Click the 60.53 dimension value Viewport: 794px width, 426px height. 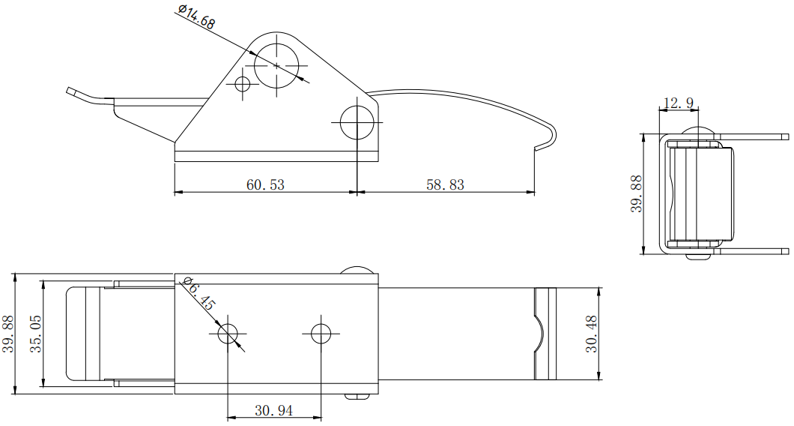click(265, 184)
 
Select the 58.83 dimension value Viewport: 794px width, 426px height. click(445, 184)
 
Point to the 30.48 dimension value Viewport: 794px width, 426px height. click(591, 333)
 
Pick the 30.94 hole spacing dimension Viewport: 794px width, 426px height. click(274, 410)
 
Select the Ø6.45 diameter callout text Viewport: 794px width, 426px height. click(198, 295)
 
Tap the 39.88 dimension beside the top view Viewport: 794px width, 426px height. click(7, 333)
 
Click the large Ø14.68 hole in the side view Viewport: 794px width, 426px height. click(276, 66)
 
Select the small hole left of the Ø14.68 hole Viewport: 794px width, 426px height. click(242, 83)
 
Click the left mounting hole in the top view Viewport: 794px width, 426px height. click(228, 333)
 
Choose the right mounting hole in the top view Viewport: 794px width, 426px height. click(321, 333)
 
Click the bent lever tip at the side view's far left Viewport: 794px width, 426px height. click(73, 91)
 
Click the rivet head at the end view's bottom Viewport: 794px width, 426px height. click(698, 255)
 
